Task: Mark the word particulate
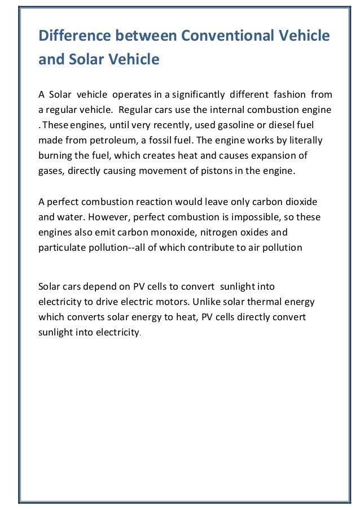[x=61, y=247]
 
